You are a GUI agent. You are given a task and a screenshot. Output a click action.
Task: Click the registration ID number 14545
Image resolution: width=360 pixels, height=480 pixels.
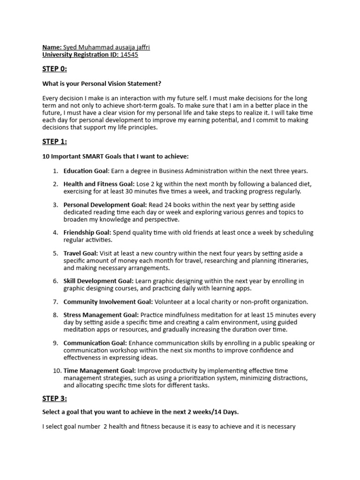coord(129,55)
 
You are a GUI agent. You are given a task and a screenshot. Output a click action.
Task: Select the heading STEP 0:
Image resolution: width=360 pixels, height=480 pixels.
coord(55,69)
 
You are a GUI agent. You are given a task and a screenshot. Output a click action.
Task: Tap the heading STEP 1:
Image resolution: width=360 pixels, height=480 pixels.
coord(55,142)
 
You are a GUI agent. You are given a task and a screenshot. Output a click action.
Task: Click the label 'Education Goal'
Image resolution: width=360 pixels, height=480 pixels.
coord(86,171)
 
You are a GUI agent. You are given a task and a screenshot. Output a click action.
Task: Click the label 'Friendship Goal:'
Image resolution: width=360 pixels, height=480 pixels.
coord(87,232)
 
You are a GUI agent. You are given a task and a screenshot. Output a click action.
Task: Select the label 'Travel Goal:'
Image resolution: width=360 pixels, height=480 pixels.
coord(81,253)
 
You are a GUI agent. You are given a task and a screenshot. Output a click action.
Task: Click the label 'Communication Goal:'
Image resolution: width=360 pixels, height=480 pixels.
coord(95,343)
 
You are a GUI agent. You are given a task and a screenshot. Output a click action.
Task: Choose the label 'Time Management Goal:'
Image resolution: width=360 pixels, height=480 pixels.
coord(97,370)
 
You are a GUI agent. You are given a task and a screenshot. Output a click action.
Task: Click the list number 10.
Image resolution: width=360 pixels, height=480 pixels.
coord(56,370)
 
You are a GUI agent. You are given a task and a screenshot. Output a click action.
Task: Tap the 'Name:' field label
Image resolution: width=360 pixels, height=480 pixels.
coord(52,47)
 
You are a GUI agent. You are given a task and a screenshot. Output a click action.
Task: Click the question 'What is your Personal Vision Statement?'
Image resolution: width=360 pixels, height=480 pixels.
coord(102,83)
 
